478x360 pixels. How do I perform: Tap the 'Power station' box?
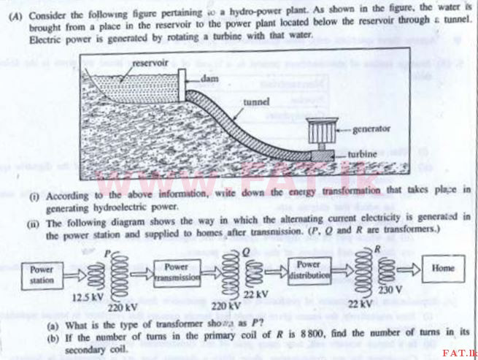click(x=41, y=274)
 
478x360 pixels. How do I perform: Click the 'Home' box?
click(x=444, y=268)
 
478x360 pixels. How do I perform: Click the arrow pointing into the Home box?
click(x=409, y=269)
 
